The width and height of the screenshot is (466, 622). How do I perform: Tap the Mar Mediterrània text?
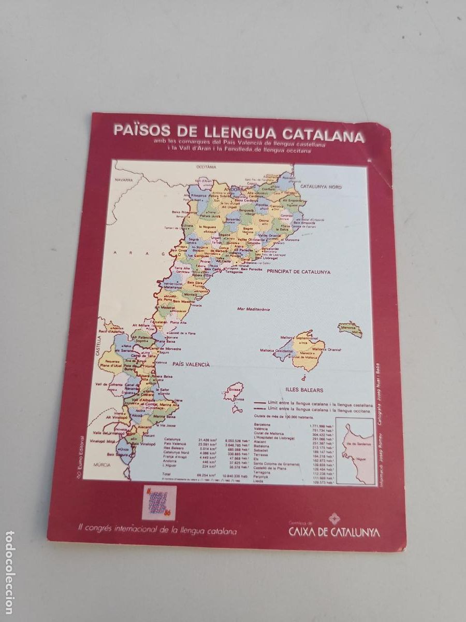pos(254,308)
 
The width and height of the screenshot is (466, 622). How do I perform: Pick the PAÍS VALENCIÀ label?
pos(191,364)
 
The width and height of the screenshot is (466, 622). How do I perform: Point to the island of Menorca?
pos(351,329)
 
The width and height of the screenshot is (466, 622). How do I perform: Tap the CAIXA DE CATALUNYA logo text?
pos(333,532)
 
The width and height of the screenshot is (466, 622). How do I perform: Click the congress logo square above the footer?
pos(160,502)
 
